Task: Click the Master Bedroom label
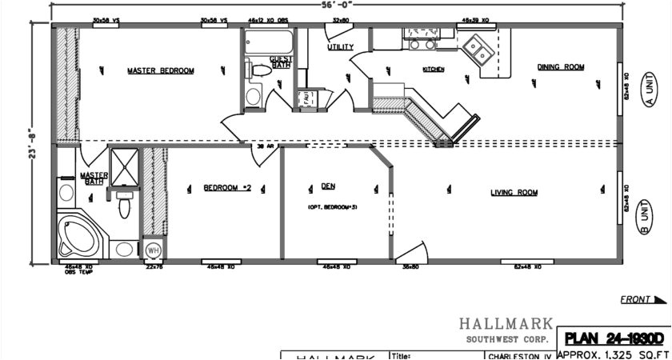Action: click(161, 70)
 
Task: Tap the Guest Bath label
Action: click(280, 62)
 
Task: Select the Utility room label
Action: click(340, 47)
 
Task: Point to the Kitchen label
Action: click(433, 70)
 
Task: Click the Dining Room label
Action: click(560, 67)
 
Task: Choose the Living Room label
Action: click(514, 192)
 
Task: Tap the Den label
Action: click(328, 186)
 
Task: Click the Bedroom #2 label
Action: click(227, 188)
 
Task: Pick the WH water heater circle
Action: click(152, 250)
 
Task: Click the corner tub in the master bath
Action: click(78, 232)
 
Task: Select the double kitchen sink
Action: click(479, 50)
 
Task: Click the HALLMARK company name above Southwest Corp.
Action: click(506, 324)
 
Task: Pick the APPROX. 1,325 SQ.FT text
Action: click(614, 354)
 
